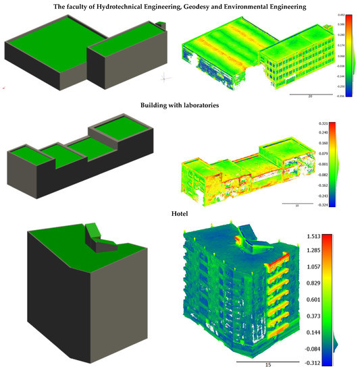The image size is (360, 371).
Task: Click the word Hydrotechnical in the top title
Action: coord(120,6)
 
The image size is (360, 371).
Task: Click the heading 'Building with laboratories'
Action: coord(180,105)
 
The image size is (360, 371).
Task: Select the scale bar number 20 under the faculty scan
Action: coord(309,97)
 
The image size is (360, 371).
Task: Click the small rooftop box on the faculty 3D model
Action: coord(159,26)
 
